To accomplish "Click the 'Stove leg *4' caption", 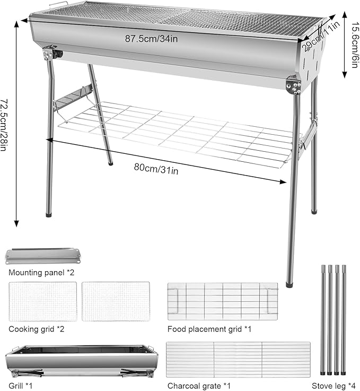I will pos(332,386).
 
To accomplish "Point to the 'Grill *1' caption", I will pos(21,386).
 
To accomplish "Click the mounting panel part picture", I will pos(42,255).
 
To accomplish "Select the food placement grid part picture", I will pos(223,301).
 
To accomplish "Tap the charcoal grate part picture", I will pos(238,359).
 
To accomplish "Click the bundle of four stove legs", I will pos(332,318).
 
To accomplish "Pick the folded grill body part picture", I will pos(81,361).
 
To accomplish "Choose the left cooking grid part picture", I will pos(43,301).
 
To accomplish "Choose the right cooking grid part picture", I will pos(116,301).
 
